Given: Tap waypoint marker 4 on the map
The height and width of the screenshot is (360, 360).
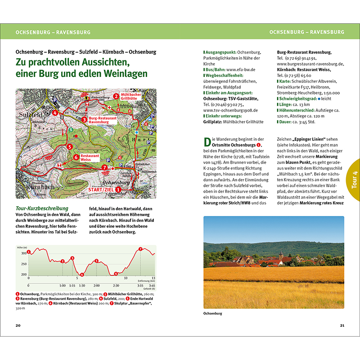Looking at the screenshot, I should pos(54,113).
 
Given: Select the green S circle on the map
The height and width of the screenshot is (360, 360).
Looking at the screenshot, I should pos(70,130).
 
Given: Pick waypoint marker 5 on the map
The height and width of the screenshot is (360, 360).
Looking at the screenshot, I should pos(69,146).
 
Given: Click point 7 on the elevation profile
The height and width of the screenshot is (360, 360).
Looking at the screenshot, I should pos(140,249).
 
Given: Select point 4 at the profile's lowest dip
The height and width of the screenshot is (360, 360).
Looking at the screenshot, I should pos(81,274).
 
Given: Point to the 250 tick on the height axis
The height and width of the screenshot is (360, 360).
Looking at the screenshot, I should pos(23,264).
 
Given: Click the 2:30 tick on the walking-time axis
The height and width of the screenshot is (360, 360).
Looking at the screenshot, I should pos(116,285).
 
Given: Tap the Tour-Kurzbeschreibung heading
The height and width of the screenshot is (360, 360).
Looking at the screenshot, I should pos(41,208).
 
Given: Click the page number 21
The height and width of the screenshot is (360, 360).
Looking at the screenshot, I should pos(342,325).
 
